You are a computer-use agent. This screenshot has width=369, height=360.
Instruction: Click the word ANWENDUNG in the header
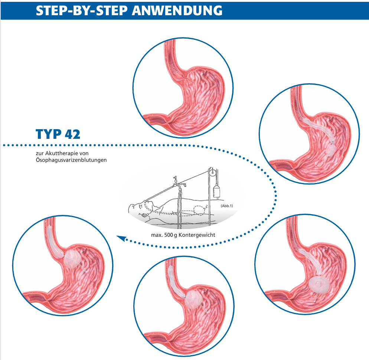[x=177, y=10]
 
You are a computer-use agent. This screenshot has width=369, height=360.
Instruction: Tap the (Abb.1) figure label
[x=226, y=205]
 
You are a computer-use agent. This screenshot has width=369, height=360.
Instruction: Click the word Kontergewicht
[x=198, y=235]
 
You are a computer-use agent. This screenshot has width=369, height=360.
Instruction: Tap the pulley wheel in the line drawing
[x=212, y=172]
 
